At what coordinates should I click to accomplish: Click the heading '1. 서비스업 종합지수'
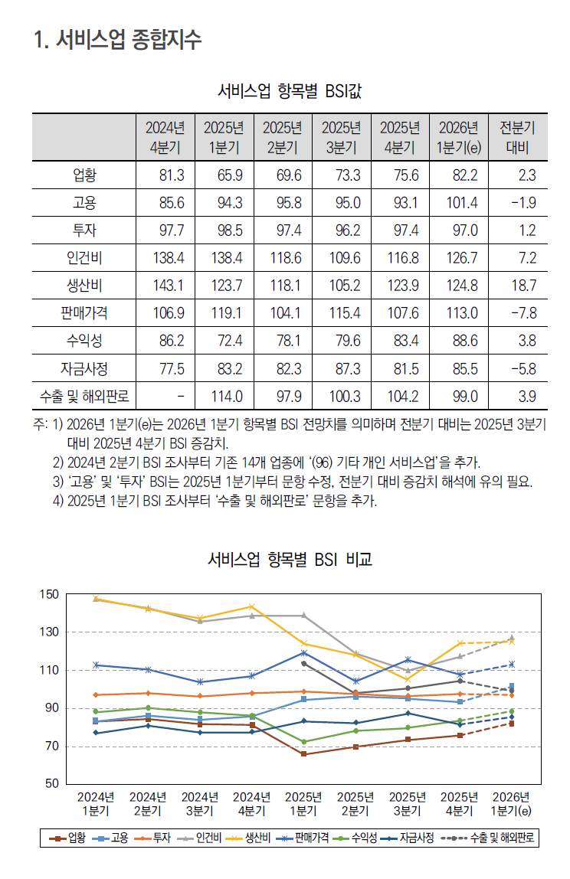[118, 40]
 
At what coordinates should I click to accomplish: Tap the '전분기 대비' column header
[517, 137]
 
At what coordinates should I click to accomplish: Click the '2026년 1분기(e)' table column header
[458, 137]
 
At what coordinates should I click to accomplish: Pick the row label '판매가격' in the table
[84, 312]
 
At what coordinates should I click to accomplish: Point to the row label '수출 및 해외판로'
[84, 397]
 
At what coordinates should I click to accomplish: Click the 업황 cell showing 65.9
[230, 175]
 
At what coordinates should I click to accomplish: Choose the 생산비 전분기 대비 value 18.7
[523, 286]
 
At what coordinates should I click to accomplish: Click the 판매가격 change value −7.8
[523, 312]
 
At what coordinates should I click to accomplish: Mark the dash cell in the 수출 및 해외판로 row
[179, 397]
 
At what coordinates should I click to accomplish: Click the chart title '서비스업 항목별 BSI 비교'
[290, 560]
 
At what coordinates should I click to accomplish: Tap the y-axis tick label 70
[51, 747]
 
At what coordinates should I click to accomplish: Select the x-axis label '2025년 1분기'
[303, 803]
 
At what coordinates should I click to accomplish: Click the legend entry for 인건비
[201, 838]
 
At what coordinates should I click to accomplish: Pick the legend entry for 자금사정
[409, 838]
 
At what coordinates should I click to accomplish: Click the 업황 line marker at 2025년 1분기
[303, 754]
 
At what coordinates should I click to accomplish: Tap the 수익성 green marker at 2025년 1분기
[303, 742]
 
